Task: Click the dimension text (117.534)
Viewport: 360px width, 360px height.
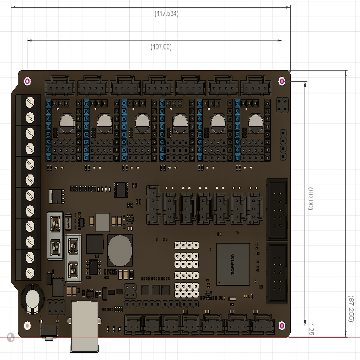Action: pos(166,14)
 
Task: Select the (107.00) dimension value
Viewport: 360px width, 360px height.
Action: pos(161,47)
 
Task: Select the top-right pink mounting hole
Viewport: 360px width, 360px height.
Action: pos(282,82)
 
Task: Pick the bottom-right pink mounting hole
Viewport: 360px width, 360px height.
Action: pos(282,326)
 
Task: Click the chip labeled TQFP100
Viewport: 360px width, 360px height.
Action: pos(233,264)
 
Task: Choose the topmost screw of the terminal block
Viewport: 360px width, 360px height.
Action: pos(30,102)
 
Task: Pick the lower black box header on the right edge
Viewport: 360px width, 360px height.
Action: pos(277,272)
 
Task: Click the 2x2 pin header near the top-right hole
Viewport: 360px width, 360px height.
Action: pos(282,105)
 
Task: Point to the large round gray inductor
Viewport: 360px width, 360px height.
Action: pos(120,251)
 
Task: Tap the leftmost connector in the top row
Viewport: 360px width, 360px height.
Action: pos(60,86)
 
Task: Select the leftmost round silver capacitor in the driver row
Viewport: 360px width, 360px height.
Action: pos(66,123)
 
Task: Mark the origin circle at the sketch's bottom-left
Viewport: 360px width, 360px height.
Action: pos(11,337)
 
